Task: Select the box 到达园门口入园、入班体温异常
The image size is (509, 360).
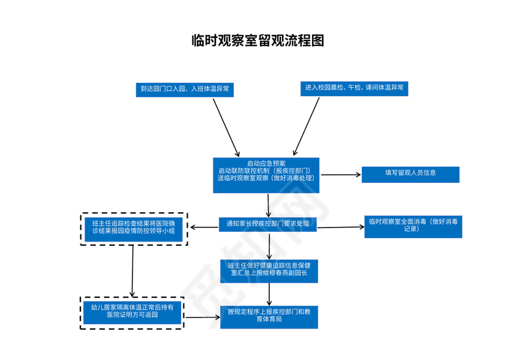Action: (185, 89)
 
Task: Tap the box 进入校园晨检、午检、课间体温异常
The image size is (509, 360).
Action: (354, 88)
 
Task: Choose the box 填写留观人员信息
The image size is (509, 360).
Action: (410, 174)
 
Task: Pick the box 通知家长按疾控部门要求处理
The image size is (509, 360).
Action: (268, 224)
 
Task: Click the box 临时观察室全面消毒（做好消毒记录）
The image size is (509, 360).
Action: (412, 225)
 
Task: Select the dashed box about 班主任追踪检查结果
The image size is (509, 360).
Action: (133, 228)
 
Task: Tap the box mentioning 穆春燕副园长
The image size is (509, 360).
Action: (269, 270)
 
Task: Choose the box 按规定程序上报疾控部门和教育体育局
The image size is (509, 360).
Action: (269, 316)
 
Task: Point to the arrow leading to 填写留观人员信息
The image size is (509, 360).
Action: (341, 175)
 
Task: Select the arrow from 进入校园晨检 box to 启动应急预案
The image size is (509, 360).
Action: (307, 126)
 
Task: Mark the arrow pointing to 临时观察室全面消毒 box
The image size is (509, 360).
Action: (341, 227)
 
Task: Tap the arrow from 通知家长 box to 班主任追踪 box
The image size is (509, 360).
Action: (204, 228)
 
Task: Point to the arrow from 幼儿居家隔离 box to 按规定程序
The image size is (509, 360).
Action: (202, 317)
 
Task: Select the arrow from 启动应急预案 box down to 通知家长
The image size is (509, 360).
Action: (269, 204)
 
